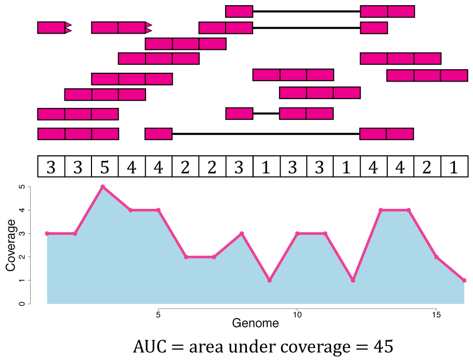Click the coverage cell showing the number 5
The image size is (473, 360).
(x=104, y=167)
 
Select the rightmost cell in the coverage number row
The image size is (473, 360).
(x=454, y=167)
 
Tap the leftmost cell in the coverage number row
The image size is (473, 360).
(x=51, y=167)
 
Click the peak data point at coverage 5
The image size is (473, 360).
(x=103, y=186)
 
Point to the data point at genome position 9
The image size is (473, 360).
(x=269, y=281)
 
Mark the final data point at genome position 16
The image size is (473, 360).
(x=464, y=281)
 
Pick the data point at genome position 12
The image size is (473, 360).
(x=353, y=281)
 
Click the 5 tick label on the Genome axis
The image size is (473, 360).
(x=158, y=315)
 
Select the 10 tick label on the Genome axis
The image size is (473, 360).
(x=297, y=315)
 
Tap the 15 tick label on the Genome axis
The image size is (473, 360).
(x=436, y=315)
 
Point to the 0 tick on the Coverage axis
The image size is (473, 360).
(x=22, y=304)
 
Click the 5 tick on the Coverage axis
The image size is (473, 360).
(x=22, y=186)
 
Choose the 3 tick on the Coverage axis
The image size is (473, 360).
(x=22, y=234)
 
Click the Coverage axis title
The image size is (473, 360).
(x=10, y=245)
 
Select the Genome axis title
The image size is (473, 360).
(x=255, y=323)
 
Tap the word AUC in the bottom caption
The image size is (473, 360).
(x=148, y=345)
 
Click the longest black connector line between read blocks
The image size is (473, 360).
(x=266, y=134)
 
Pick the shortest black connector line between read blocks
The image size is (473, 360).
(x=266, y=113)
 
